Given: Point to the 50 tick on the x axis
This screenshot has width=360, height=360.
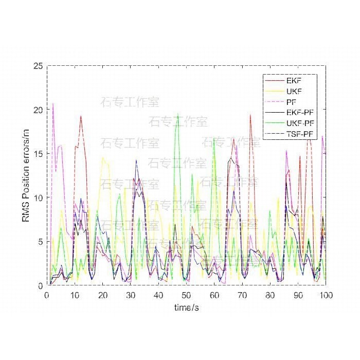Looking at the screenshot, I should (186, 295).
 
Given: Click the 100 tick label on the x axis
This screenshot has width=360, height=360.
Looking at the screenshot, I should (326, 295).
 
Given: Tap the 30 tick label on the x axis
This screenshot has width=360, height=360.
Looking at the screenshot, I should (131, 295).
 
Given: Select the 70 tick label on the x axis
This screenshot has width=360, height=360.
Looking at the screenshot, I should (242, 295).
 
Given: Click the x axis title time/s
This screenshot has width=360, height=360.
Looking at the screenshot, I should (186, 307).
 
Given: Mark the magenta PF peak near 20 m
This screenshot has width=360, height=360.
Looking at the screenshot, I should (53, 103).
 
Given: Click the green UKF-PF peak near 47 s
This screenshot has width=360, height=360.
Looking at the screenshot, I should (178, 114).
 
